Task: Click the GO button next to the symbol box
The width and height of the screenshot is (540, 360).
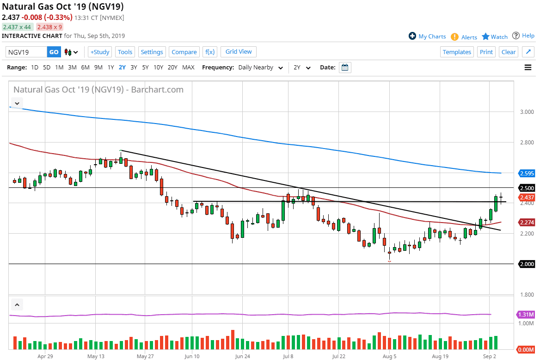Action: [54, 52]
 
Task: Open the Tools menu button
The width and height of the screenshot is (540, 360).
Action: [125, 52]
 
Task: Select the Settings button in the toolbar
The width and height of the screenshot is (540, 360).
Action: [152, 52]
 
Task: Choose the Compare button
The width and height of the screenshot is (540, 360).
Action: [184, 52]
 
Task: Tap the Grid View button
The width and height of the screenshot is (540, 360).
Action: [239, 52]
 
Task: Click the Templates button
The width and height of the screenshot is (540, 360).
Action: [457, 52]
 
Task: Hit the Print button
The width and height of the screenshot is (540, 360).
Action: [486, 52]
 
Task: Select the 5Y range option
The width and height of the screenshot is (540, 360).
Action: [146, 68]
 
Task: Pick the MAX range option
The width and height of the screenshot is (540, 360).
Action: [188, 68]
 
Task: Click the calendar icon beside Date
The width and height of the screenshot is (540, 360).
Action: [345, 68]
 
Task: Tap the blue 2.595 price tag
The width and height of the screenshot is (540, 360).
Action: [527, 174]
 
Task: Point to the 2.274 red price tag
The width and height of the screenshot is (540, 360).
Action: [527, 223]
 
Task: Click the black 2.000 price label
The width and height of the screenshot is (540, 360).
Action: [527, 264]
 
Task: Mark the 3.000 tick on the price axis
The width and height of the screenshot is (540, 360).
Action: [527, 112]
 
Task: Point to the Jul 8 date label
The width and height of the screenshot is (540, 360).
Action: [288, 356]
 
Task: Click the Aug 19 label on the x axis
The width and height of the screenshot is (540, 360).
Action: [440, 356]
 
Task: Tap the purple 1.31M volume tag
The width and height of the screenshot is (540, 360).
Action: [526, 315]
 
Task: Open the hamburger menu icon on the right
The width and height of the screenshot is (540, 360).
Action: [528, 68]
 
